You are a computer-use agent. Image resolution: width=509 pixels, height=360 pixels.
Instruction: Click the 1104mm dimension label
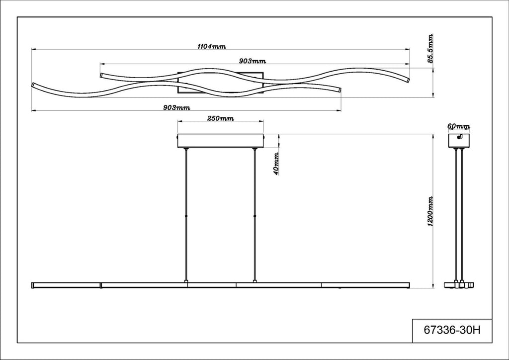[x=212, y=46]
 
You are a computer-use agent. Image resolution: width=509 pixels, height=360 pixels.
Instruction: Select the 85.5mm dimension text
[x=430, y=48]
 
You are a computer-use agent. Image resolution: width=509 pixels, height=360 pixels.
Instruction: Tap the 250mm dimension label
[x=220, y=118]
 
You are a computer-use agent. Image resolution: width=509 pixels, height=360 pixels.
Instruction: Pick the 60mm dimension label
[x=458, y=126]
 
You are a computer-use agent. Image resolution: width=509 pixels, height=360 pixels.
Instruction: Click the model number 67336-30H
[x=452, y=331]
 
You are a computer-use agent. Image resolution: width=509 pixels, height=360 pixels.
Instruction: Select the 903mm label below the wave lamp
[x=176, y=108]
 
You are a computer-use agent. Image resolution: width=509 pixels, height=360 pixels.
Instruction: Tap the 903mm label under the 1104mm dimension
[x=252, y=61]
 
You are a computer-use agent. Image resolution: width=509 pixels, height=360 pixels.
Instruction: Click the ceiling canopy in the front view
[x=220, y=141]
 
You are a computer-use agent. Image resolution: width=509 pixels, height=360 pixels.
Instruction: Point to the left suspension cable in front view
[x=186, y=215]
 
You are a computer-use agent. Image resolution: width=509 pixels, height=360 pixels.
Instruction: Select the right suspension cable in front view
[x=254, y=215]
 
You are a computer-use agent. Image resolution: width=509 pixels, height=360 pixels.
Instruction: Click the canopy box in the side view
[x=459, y=141]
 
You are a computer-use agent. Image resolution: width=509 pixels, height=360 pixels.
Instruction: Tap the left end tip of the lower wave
[x=32, y=85]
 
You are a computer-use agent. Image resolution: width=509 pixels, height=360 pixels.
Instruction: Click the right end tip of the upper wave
[x=409, y=80]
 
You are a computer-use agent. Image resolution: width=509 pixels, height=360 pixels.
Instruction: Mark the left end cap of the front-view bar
[x=33, y=285]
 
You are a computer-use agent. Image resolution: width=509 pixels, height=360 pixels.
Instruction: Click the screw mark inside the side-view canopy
[x=459, y=137]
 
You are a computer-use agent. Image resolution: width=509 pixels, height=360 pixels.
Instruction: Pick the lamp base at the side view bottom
[x=459, y=285]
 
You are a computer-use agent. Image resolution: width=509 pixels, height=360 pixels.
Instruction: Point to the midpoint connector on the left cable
[x=186, y=215]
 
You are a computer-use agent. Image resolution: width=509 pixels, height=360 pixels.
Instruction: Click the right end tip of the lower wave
[x=339, y=90]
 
